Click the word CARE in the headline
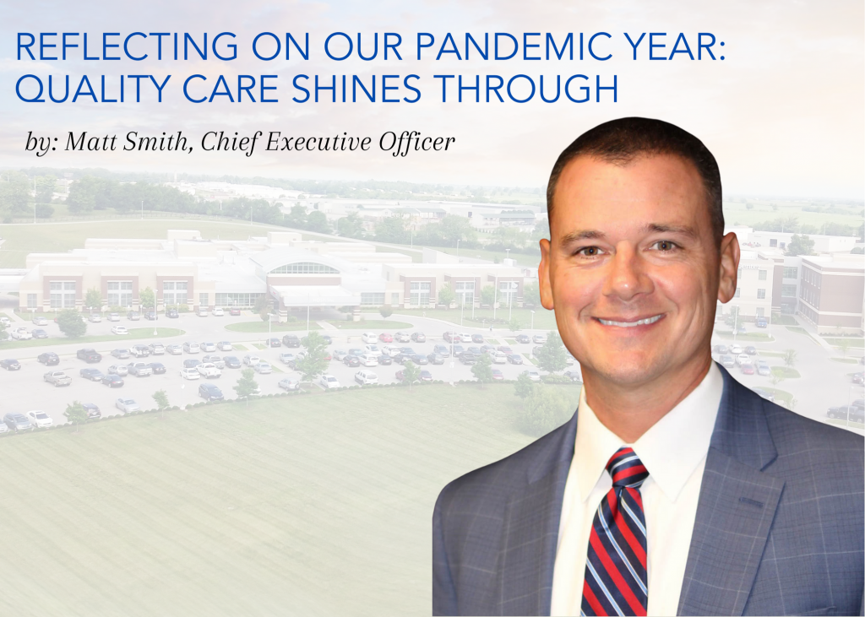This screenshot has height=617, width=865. click(231, 89)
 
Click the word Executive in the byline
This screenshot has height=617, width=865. click(319, 142)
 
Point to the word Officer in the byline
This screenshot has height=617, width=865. click(416, 142)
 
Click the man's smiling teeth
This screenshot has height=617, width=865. click(630, 321)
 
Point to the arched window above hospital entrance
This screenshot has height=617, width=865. click(304, 268)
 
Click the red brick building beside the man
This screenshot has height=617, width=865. click(831, 293)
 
